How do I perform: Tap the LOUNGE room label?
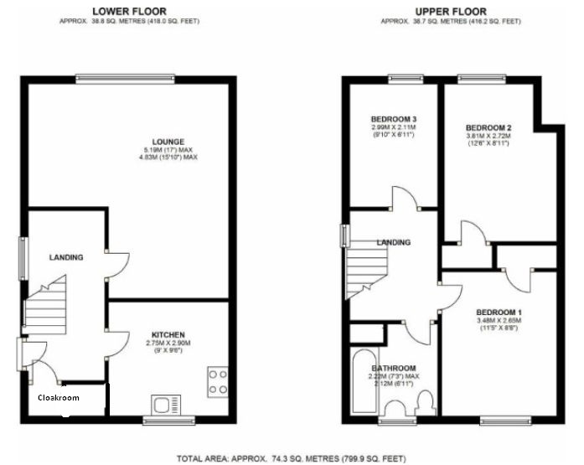pos(168,142)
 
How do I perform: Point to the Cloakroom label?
pos(59,398)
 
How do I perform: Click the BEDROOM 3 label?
pos(393,119)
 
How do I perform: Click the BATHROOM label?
pos(394,368)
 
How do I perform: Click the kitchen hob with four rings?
pos(217,382)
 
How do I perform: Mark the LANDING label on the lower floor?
pos(65,257)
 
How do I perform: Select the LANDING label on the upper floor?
pos(393,242)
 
